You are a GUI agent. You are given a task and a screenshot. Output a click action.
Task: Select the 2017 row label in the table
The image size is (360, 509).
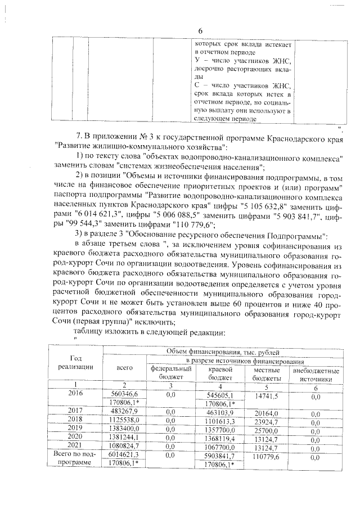point(75,411)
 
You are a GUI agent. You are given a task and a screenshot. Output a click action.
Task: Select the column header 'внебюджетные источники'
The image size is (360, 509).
point(315,374)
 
